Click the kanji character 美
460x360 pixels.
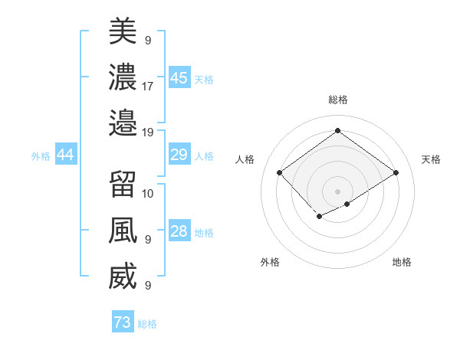123,31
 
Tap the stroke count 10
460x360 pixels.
148,193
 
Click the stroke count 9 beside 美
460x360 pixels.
148,40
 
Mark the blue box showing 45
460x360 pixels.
179,78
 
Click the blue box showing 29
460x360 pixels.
179,155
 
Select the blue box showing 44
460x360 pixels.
66,155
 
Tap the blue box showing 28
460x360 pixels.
179,232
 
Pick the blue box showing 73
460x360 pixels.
123,322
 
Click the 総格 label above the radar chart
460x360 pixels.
337,100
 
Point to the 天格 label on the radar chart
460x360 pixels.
431,159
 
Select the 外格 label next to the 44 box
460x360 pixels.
41,156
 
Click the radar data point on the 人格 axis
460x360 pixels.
280,172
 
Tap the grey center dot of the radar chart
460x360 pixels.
337,190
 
